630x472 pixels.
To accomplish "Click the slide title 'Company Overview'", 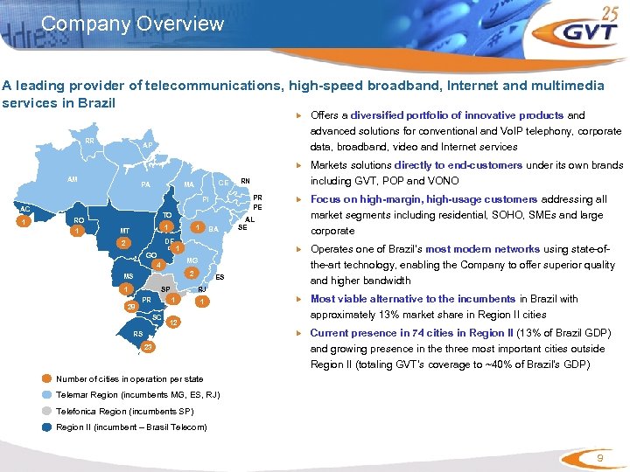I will tap(132, 24).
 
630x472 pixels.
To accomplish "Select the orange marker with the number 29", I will tap(130, 308).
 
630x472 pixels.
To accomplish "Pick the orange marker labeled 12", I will tap(175, 323).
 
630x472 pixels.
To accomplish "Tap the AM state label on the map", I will tap(74, 178).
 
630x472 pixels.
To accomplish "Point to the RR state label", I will tap(90, 141).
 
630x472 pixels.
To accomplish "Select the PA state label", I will tap(146, 185).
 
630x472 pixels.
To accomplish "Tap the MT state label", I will tap(125, 231).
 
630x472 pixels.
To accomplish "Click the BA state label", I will tap(213, 229).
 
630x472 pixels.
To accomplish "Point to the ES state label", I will tap(220, 277).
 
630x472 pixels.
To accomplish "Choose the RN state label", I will tap(245, 181).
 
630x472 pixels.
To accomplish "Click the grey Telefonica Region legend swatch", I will tap(46, 410).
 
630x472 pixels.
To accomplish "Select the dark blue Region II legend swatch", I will tap(46, 427).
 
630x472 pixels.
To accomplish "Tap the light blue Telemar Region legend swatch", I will tap(46, 394).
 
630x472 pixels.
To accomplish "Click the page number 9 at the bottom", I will tap(599, 458).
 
